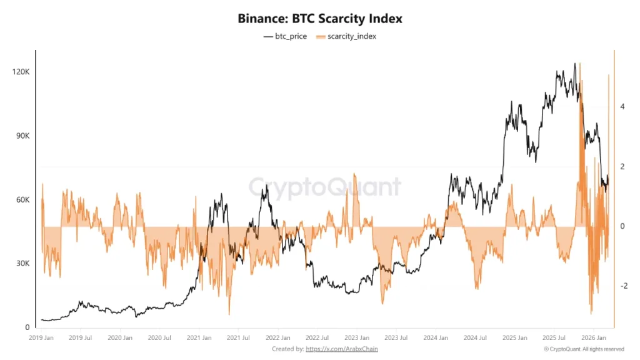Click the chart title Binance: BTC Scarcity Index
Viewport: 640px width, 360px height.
320,19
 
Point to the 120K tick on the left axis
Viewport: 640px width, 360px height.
21,72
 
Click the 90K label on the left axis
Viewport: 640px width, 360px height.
22,136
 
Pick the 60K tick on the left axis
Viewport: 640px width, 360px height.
22,200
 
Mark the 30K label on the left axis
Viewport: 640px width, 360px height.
22,264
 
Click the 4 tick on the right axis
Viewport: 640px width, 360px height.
622,107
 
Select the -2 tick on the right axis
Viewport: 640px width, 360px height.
623,286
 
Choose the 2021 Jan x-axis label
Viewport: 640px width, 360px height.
199,338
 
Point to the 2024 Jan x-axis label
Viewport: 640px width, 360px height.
435,338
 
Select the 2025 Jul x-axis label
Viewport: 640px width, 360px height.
552,338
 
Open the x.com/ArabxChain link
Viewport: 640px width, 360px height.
342,349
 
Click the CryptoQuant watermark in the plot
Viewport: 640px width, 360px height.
324,186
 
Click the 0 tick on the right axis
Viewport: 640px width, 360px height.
622,226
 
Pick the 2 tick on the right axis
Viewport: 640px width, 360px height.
622,167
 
